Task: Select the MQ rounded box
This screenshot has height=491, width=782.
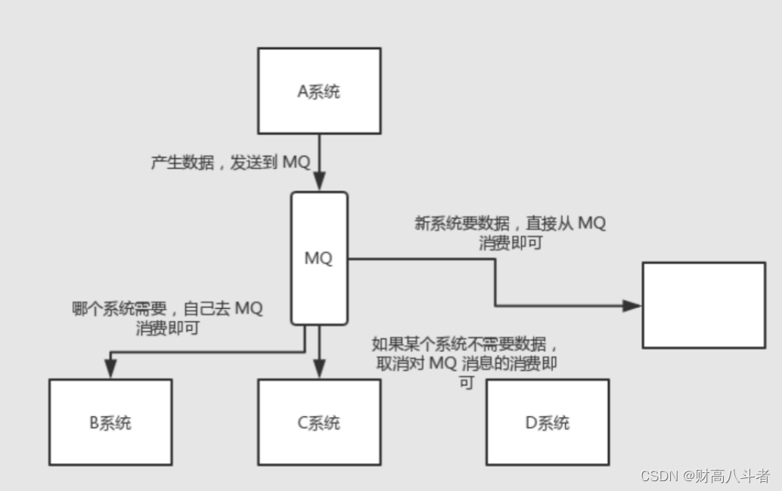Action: click(x=318, y=227)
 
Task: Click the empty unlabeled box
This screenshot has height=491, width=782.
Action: click(x=703, y=305)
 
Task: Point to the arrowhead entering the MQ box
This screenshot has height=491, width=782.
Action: click(x=318, y=182)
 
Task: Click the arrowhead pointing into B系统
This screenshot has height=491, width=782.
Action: click(x=110, y=369)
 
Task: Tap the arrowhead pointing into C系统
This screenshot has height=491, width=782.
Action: click(x=318, y=369)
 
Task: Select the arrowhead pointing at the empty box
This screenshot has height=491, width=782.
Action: click(x=632, y=305)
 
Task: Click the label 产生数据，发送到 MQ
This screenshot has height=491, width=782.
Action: click(x=230, y=162)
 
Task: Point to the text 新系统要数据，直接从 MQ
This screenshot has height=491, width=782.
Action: click(x=510, y=224)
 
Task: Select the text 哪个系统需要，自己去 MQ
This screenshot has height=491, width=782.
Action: click(x=168, y=309)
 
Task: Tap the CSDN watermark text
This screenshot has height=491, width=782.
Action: click(x=705, y=476)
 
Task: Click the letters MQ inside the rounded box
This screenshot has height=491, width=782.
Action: click(x=318, y=258)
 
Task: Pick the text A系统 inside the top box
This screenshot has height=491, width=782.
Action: click(x=318, y=92)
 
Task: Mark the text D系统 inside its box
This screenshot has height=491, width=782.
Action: click(x=547, y=423)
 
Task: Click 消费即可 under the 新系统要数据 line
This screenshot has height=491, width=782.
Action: click(x=510, y=243)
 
